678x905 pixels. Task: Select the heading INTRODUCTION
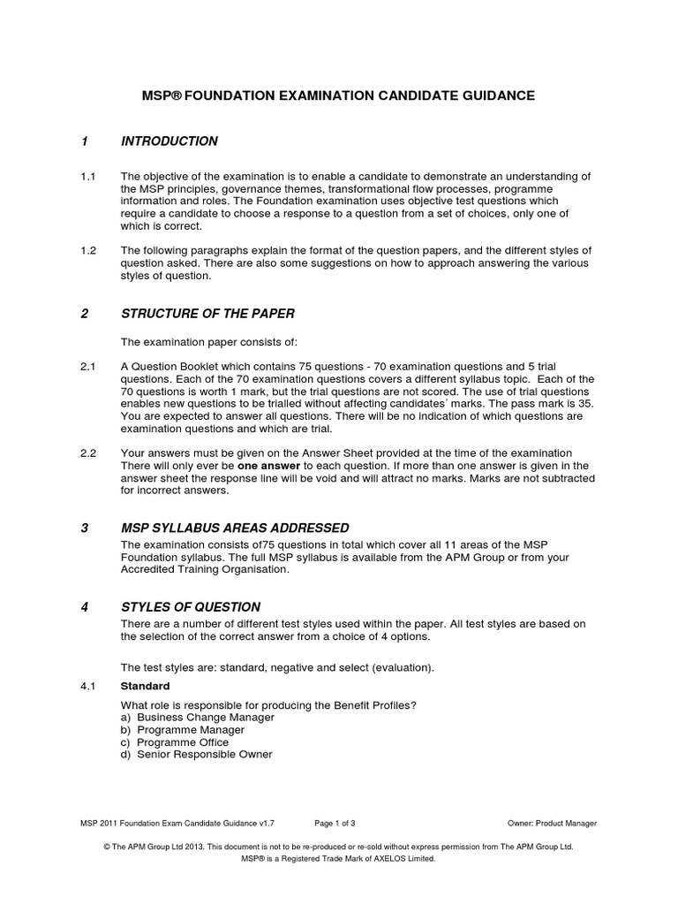[x=169, y=141]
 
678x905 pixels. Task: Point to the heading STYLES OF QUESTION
[x=191, y=607]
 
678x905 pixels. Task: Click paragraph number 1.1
[x=87, y=176]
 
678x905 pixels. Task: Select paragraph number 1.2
[x=87, y=251]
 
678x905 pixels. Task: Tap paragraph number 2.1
[x=87, y=367]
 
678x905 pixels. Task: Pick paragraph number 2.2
[x=87, y=453]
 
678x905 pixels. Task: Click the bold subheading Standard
[x=146, y=686]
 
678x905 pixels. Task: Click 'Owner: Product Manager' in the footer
[x=552, y=823]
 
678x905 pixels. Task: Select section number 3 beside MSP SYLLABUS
[x=85, y=528]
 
